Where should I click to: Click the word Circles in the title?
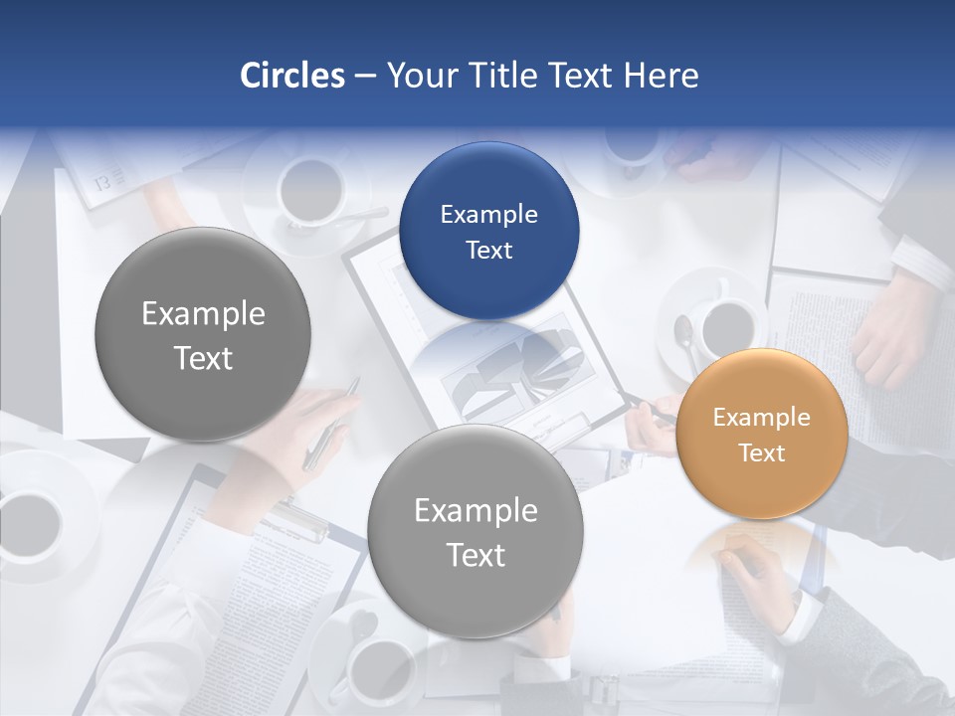click(291, 76)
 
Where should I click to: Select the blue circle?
click(488, 232)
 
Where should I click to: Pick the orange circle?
click(761, 435)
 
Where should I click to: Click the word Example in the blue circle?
click(488, 215)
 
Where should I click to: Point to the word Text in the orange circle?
click(761, 453)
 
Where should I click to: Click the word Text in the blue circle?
click(488, 251)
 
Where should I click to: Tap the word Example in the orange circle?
click(761, 418)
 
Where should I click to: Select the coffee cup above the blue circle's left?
click(310, 190)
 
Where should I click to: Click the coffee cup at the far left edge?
click(30, 517)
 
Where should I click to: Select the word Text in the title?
click(580, 76)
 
